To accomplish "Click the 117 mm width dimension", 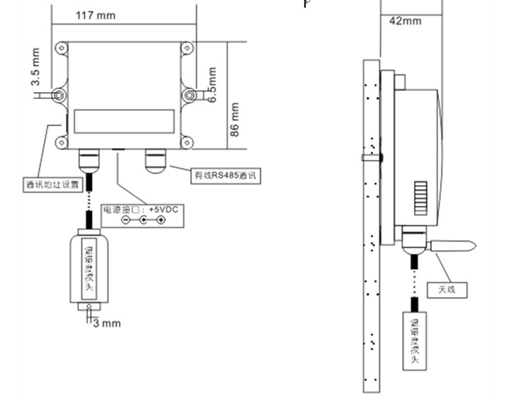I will (95, 16).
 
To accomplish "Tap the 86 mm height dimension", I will (235, 120).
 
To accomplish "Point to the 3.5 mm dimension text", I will (35, 68).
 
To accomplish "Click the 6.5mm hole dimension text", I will (210, 85).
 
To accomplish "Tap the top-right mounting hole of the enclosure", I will (188, 50).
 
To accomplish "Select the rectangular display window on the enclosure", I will (125, 119).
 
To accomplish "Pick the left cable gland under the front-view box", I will (90, 160).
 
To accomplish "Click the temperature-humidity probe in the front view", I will (89, 269).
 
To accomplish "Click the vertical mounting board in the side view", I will (372, 226).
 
